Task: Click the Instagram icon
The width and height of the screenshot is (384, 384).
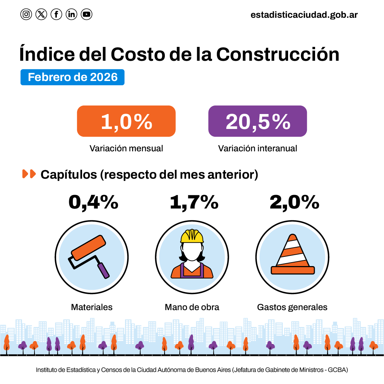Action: point(26,14)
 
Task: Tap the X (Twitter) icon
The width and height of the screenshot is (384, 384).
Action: point(41,14)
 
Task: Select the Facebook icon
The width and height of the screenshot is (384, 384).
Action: point(56,14)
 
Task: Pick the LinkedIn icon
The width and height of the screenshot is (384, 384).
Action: point(71,14)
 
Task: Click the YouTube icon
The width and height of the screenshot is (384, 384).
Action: point(86,14)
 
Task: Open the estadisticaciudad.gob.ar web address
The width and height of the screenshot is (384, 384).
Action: point(304,15)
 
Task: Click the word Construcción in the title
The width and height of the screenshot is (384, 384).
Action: point(277,54)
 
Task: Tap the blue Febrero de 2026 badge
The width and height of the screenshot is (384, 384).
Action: point(72,77)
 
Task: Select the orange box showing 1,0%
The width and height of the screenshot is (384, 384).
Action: point(126,121)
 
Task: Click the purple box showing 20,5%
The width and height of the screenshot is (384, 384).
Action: point(258,121)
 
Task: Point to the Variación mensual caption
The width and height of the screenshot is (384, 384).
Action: point(126,148)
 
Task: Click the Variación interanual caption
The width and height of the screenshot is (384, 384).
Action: point(258,148)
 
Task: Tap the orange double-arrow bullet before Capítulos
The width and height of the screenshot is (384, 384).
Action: point(29,174)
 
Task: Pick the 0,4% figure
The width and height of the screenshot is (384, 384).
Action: point(93,202)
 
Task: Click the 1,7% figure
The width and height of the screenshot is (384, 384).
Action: point(194,202)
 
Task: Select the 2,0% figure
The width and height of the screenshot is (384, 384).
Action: point(294,202)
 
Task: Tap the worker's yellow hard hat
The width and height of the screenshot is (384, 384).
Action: point(192,236)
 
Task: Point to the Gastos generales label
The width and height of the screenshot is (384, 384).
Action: point(292,307)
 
